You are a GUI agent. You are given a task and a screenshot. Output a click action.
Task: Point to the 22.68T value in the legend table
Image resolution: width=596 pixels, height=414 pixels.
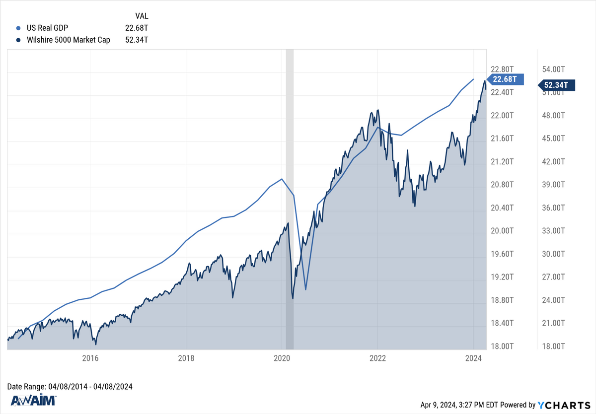click(137, 28)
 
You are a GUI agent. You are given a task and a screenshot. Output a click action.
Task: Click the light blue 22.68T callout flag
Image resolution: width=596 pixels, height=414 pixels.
click(504, 79)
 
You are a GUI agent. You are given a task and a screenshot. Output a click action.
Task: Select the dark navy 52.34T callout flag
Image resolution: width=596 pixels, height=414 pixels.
click(558, 85)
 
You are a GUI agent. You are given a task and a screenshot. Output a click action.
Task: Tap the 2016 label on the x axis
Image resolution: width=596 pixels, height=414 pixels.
click(90, 358)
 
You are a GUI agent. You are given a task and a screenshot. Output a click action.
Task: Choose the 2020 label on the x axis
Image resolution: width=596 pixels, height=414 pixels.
click(282, 358)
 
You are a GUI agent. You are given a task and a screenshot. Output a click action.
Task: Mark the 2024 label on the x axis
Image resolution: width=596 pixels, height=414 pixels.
click(473, 358)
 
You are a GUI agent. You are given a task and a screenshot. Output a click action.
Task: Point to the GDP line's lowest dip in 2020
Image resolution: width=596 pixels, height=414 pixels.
click(306, 289)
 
